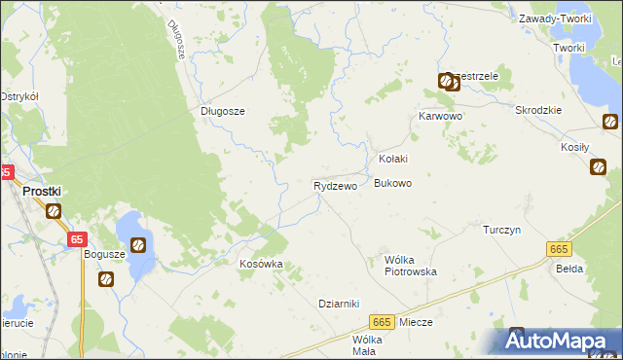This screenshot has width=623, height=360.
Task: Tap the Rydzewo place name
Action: [335, 185]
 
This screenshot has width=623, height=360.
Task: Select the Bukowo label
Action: [393, 183]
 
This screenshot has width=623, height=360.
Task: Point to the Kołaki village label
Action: [392, 159]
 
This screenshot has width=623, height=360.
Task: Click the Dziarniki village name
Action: [340, 303]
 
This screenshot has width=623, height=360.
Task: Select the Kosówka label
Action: [261, 264]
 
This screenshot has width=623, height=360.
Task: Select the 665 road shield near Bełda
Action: [558, 250]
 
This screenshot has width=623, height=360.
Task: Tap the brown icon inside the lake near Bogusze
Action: [139, 244]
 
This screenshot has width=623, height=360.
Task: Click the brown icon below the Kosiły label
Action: [598, 166]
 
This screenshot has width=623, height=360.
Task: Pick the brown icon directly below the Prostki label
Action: [53, 211]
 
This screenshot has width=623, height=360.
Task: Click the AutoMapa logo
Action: [559, 341]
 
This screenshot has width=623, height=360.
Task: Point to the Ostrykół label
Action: [18, 96]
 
